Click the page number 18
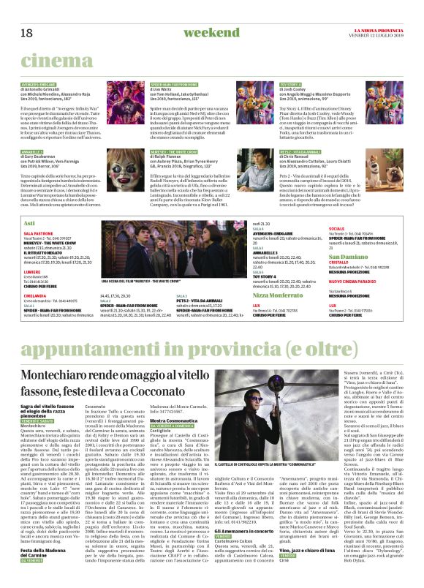(x=26, y=33)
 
